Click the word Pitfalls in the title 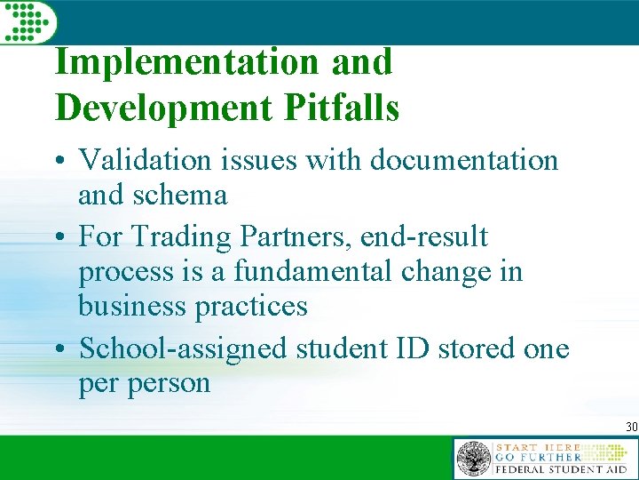pos(342,108)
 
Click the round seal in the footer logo pos(473,459)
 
